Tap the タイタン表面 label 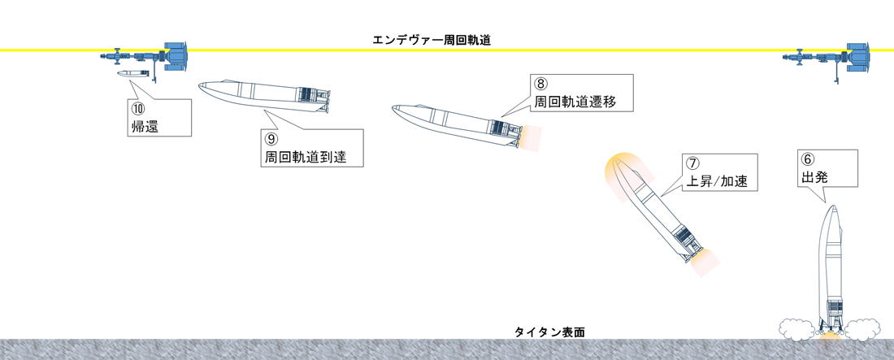[x=549, y=332]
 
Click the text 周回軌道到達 [x=305, y=158]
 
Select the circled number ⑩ [x=139, y=108]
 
